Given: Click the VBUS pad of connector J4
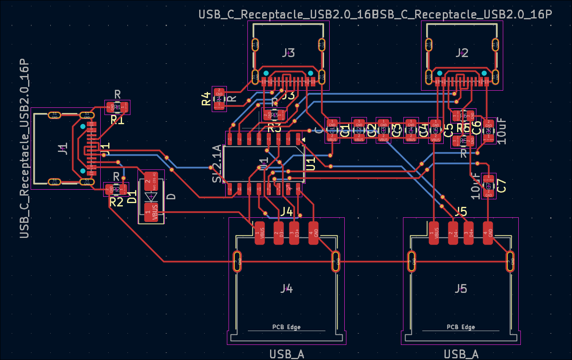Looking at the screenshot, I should pos(260,233).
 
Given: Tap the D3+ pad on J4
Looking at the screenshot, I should pos(295,233).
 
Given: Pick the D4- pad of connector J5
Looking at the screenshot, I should pos(452,233).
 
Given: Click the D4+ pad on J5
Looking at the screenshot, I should pos(470,233).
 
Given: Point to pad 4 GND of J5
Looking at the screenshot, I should pos(487,233).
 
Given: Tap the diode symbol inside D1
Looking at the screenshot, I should pos(151,196).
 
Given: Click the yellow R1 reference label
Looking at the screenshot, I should pos(117,120).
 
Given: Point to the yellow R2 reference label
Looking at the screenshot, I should pos(116,202).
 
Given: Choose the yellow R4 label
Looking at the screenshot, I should pos(206,99).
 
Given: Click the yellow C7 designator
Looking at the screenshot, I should pos(502,185).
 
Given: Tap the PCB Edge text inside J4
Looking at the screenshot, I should pos(286,327).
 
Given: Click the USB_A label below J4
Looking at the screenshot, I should pos(287,354).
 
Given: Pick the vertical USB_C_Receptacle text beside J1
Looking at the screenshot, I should pos(25,149).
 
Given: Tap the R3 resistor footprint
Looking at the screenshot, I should pos(274,115).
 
